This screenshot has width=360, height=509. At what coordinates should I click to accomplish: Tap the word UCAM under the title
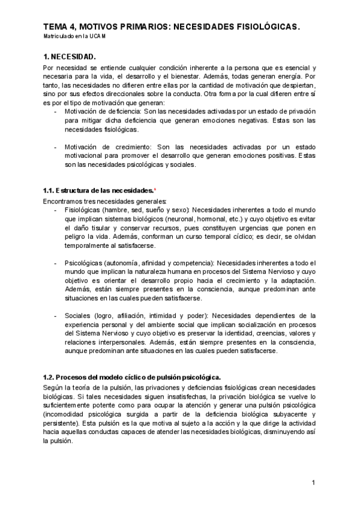(98, 37)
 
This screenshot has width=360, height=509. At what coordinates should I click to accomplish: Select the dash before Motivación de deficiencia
(56, 111)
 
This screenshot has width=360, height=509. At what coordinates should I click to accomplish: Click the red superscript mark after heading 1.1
(155, 189)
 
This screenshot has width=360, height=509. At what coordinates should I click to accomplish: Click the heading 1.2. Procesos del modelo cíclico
(131, 377)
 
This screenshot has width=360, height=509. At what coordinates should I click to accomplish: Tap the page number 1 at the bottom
(314, 483)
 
